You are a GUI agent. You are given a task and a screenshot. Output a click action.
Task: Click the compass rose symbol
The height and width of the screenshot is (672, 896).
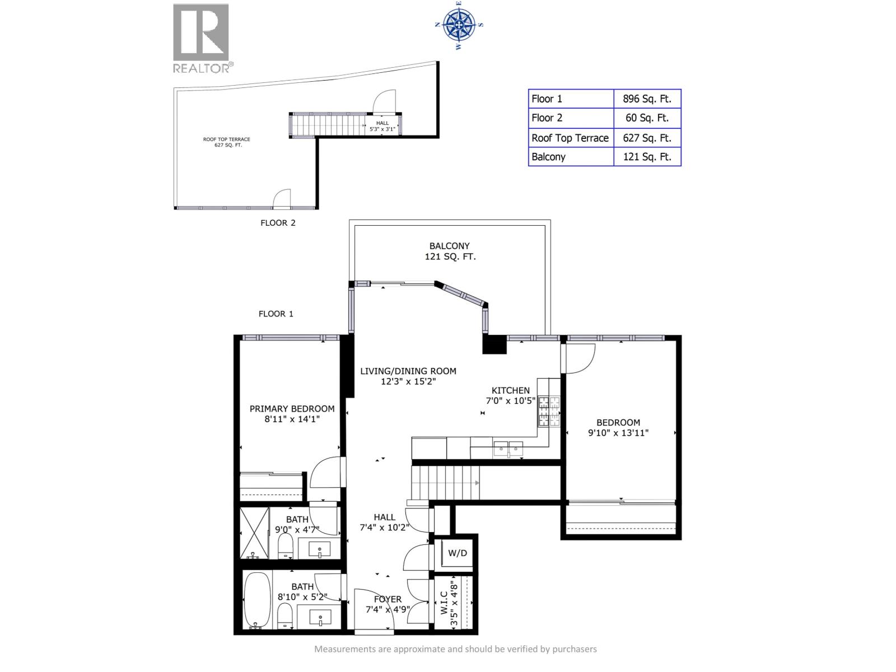click(459, 25)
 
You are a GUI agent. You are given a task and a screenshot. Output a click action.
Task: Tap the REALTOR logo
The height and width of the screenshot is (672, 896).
click(203, 38)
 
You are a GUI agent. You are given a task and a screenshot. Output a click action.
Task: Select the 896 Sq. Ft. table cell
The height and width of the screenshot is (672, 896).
click(647, 99)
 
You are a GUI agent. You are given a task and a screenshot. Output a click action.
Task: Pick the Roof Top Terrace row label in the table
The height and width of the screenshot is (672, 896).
click(570, 138)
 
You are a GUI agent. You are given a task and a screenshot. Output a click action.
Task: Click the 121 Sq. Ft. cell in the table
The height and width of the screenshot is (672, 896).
click(647, 157)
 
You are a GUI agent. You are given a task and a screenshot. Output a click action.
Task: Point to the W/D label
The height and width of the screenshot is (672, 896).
click(457, 553)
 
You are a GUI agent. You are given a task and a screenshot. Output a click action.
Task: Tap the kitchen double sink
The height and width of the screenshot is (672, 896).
click(508, 449)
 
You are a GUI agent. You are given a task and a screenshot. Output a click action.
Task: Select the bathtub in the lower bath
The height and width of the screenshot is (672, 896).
click(257, 600)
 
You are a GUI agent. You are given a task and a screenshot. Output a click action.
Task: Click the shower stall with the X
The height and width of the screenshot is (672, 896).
click(254, 533)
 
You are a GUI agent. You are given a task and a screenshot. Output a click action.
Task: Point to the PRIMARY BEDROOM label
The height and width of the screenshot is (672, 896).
click(292, 408)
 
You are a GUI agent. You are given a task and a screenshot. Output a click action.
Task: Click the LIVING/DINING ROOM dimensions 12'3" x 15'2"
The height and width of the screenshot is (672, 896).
click(408, 381)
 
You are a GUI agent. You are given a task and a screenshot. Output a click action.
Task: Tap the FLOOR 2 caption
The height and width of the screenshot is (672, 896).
click(278, 223)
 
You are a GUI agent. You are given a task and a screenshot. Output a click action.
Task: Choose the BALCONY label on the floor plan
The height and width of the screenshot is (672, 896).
click(449, 246)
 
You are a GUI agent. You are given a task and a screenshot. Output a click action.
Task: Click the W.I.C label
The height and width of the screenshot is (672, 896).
click(444, 603)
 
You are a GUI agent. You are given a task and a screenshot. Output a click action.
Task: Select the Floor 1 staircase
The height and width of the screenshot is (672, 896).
click(445, 483)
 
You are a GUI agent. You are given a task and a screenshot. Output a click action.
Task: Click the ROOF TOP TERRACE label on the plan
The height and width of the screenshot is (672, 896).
click(227, 139)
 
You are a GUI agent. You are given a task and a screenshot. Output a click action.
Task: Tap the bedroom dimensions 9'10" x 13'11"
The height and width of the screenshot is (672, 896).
click(618, 432)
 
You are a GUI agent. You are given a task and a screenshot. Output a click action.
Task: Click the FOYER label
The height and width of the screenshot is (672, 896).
click(388, 599)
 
